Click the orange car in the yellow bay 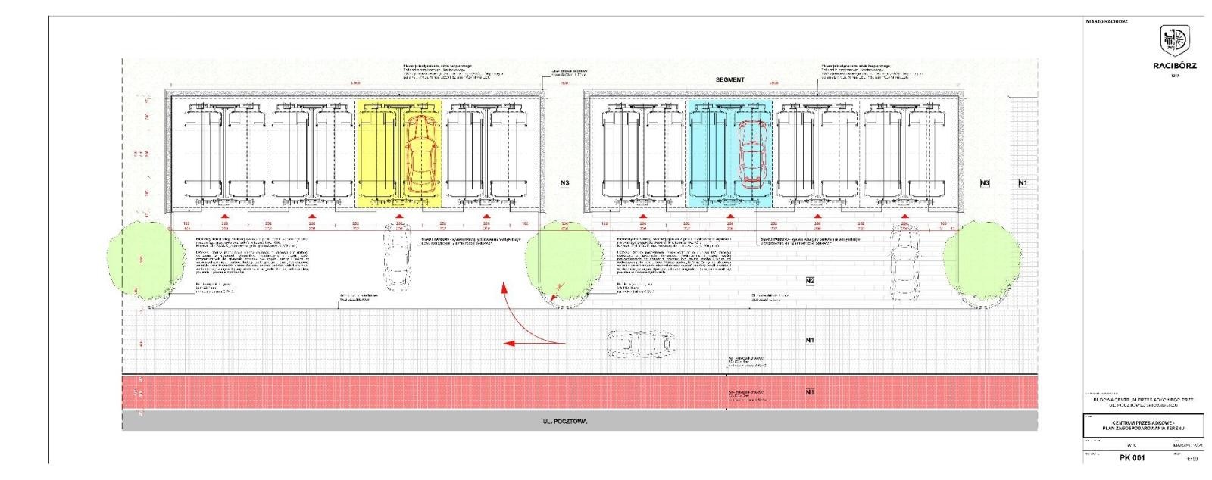pyautogui.click(x=420, y=155)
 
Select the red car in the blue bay pyautogui.click(x=751, y=154)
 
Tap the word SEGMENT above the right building pyautogui.click(x=730, y=79)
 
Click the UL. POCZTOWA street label pyautogui.click(x=564, y=422)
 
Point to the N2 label pyautogui.click(x=810, y=281)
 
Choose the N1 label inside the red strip pyautogui.click(x=810, y=392)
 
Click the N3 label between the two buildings pyautogui.click(x=564, y=183)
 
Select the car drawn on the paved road pyautogui.click(x=640, y=343)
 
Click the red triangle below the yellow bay pyautogui.click(x=399, y=216)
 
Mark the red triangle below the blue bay pyautogui.click(x=730, y=216)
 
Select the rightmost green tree pyautogui.click(x=982, y=261)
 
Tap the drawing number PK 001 pyautogui.click(x=1132, y=457)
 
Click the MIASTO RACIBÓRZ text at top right pyautogui.click(x=1106, y=21)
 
